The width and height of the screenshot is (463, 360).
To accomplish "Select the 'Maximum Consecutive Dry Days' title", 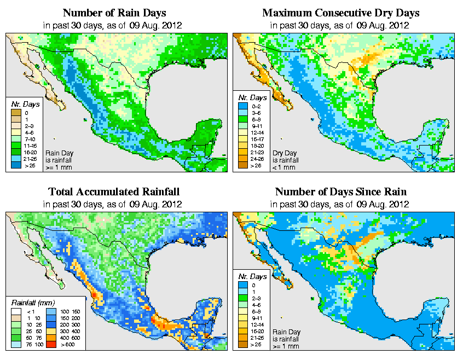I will (x=341, y=13).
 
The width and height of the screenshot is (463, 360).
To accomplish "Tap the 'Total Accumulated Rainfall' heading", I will (x=114, y=192).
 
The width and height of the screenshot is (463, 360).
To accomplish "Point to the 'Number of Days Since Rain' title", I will (x=340, y=192).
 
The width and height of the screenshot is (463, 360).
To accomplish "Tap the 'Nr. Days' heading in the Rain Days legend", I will (x=22, y=103).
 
